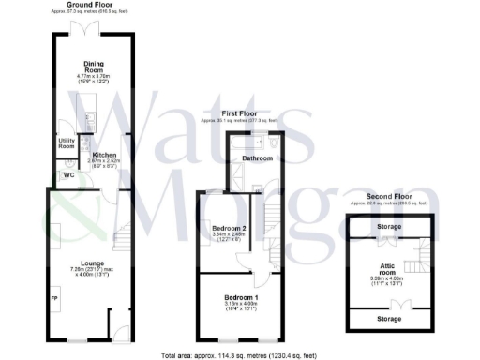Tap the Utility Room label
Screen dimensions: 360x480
point(67,143)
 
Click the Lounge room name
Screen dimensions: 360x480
point(92,262)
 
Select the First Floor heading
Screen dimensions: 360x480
point(238,113)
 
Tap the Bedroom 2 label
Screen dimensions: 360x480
point(229,229)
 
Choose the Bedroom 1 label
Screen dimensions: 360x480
point(229,297)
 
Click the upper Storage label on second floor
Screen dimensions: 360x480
point(389,227)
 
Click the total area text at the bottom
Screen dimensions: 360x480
point(240,355)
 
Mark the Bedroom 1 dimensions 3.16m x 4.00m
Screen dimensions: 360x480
point(229,305)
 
